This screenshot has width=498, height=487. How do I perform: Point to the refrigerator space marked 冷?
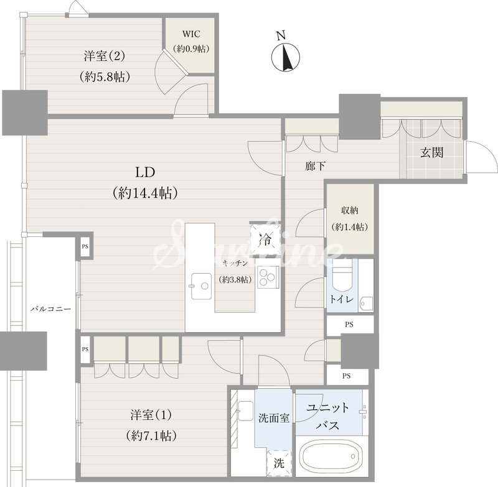[265, 239]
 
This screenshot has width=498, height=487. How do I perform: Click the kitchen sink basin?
[201, 285]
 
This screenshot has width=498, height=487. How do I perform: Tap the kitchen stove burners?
[268, 277]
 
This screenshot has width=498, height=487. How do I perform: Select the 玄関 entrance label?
[431, 153]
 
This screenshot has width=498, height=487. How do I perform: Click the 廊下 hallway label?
[315, 166]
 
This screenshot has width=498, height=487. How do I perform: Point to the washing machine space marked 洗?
[279, 463]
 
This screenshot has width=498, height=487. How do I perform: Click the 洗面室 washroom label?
[274, 418]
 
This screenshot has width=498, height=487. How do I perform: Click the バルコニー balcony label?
[51, 309]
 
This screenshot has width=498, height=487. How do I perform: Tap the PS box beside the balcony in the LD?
[85, 246]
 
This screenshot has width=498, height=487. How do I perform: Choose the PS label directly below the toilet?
[349, 325]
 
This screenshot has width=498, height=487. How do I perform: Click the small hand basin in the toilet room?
[365, 304]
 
